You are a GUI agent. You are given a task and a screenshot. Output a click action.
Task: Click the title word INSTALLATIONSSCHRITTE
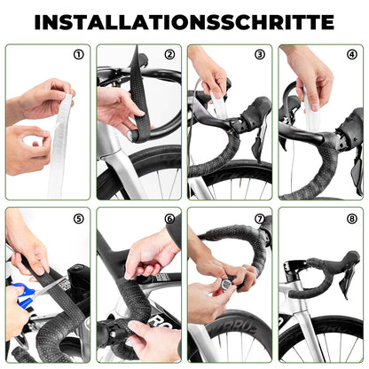[184, 21]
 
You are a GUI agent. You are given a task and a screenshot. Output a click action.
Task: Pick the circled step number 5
[79, 218]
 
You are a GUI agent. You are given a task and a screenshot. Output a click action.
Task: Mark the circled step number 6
[169, 218]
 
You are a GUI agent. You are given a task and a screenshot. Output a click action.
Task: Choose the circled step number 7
[260, 218]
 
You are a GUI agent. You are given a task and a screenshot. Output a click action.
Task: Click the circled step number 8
[351, 218]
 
